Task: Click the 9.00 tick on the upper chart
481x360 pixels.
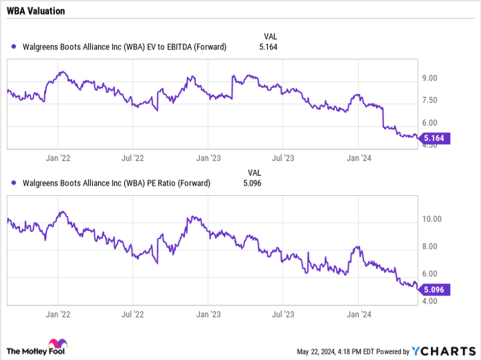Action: pyautogui.click(x=430, y=78)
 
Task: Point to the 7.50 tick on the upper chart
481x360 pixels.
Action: pyautogui.click(x=430, y=100)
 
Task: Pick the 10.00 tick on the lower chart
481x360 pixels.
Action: pyautogui.click(x=432, y=219)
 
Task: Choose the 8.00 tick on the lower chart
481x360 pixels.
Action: pyautogui.click(x=430, y=247)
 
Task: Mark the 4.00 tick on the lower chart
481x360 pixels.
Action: pyautogui.click(x=430, y=301)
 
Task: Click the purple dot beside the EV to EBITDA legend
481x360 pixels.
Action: pyautogui.click(x=14, y=47)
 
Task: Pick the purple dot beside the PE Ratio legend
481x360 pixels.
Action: pyautogui.click(x=14, y=183)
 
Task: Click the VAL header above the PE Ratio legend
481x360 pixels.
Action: pyautogui.click(x=254, y=172)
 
